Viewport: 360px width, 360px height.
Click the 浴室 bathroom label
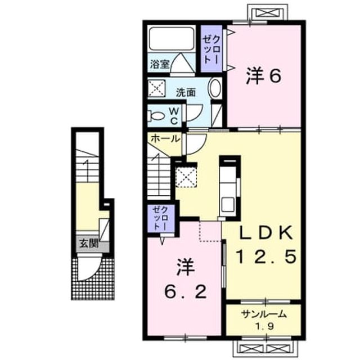160,65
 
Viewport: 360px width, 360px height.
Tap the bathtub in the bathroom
171,39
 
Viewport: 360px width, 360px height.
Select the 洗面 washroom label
186,92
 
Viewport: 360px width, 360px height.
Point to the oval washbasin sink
214,88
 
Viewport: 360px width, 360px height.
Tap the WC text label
174,116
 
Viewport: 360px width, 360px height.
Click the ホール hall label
165,139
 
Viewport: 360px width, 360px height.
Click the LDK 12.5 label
266,245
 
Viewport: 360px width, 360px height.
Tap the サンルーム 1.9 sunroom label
264,319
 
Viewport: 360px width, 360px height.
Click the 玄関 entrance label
89,244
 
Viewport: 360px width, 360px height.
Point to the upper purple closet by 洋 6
211,49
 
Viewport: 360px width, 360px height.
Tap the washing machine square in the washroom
156,88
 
